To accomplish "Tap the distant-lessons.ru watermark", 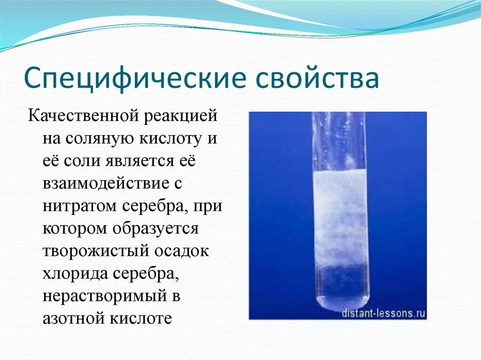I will (383, 313).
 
